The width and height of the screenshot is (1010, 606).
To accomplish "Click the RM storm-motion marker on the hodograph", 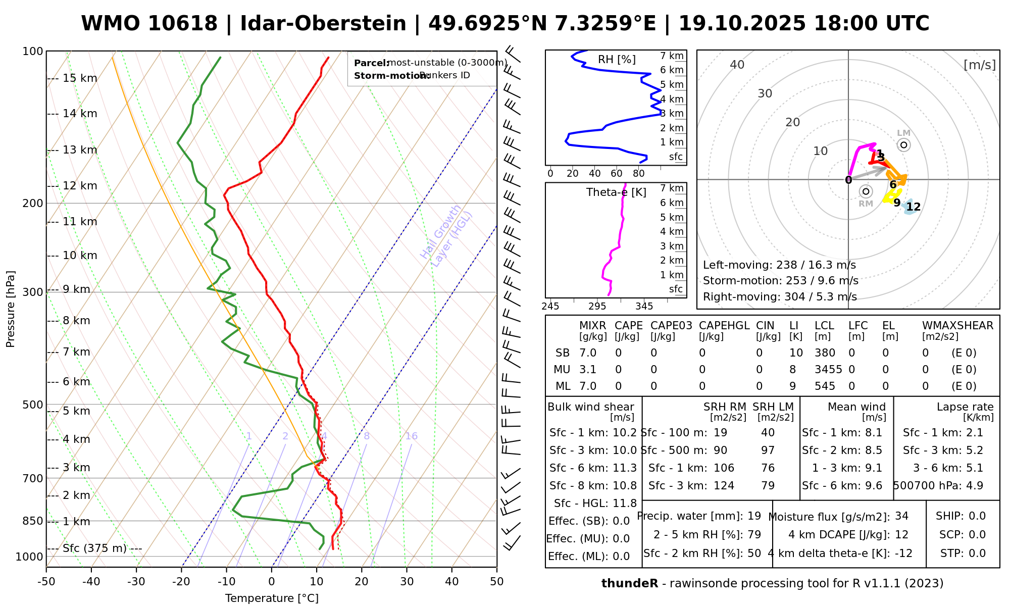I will pos(866,191).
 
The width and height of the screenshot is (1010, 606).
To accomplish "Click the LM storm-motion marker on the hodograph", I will pos(903,145).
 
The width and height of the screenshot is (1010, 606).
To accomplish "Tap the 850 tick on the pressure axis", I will pos(33,521).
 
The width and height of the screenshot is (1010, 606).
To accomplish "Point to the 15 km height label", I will pos(80,78).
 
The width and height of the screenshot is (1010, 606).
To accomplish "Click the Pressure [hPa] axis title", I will pos(11,309).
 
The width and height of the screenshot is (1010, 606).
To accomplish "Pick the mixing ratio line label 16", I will pos(411,436).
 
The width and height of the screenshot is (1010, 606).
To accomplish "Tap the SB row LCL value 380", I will pos(825,353).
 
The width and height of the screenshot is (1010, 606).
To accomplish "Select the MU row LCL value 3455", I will pos(828,370).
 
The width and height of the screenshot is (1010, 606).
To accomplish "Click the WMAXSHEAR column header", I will pos(957,326).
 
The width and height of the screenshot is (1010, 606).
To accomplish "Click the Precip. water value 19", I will pos(754,516).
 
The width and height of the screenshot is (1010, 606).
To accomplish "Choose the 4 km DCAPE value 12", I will pos(901,535).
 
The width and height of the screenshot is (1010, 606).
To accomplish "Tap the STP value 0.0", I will pos(977,553).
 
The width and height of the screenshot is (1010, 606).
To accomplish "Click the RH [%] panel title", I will pos(617,60).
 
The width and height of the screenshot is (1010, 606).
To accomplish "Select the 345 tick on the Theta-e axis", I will pos(644,307).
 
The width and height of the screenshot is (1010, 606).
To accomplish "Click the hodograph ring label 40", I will pos(737,65).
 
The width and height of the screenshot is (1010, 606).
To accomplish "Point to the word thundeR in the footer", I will pos(629,584).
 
